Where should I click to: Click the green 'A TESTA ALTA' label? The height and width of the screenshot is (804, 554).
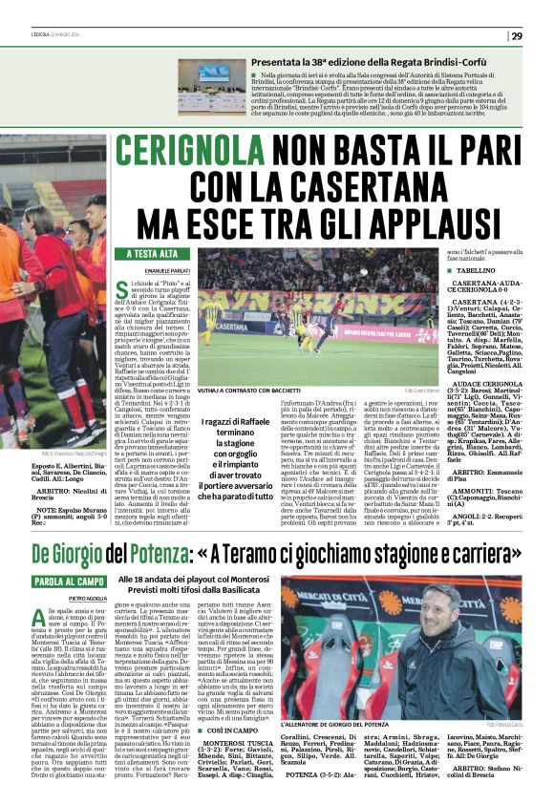153,254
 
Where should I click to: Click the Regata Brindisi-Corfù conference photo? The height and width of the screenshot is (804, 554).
211,87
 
